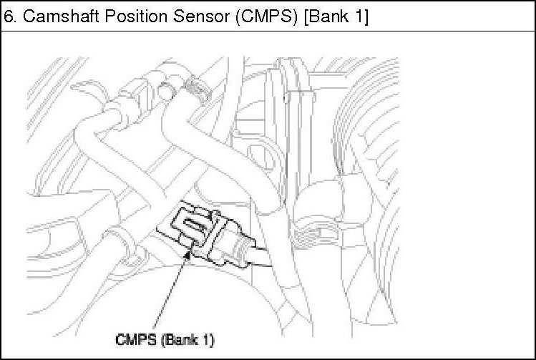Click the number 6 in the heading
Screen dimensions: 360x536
point(9,16)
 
